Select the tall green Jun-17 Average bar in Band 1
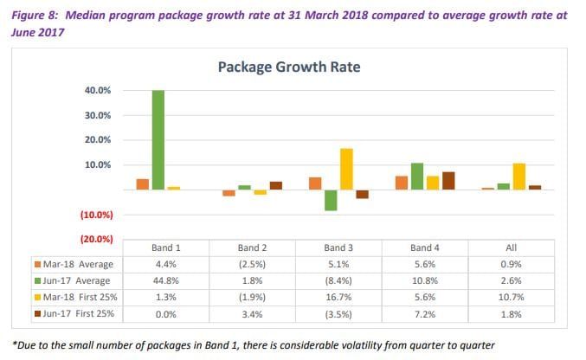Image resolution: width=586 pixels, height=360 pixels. (x=157, y=139)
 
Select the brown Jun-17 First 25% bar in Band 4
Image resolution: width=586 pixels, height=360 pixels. (x=448, y=181)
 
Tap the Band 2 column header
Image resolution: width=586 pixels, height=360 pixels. (x=251, y=247)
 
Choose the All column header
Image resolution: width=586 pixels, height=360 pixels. (x=511, y=247)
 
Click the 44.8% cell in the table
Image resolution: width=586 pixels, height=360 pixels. (x=164, y=280)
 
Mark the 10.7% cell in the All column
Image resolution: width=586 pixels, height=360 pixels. (x=511, y=297)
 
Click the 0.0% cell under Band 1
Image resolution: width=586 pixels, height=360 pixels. (x=164, y=313)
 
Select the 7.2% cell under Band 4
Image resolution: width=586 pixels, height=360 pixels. (x=424, y=313)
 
